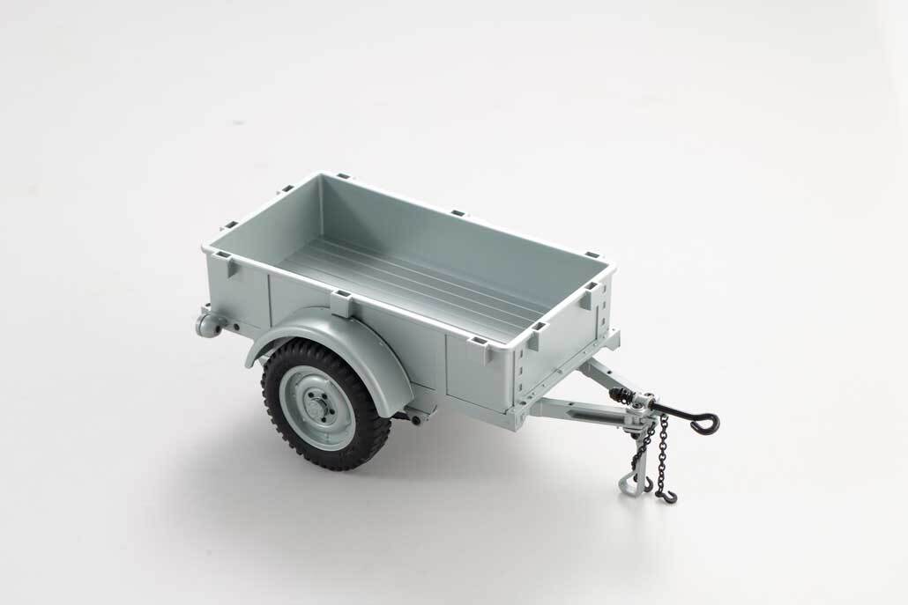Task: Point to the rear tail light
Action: (x=207, y=323)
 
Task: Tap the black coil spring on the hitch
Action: (x=628, y=397)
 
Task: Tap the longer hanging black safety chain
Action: (x=662, y=454)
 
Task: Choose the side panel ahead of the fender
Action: (x=476, y=370)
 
